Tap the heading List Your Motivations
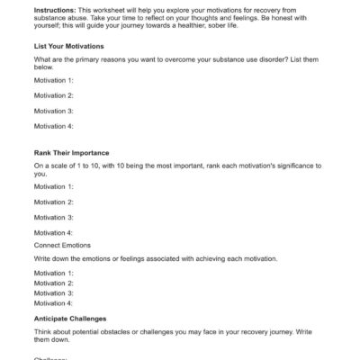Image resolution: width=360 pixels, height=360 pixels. point(68,45)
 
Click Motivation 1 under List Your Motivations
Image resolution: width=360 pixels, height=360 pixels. point(54,80)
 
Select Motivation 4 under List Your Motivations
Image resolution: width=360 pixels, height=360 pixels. point(54,126)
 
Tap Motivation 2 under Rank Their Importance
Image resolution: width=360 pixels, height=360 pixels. point(54,202)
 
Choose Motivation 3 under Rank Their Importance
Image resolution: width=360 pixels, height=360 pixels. point(54,217)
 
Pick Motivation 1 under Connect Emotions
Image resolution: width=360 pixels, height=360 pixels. point(54,272)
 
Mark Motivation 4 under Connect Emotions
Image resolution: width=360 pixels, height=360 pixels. point(54,303)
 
